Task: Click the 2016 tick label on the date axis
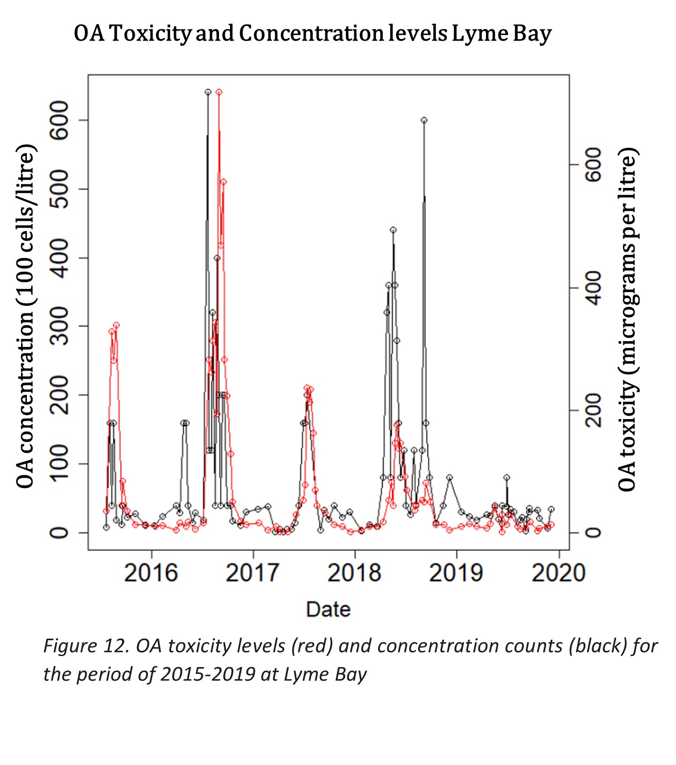tap(151, 573)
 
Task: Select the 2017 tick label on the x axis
tap(253, 573)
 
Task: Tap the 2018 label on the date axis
tap(354, 573)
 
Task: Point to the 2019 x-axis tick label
tap(456, 573)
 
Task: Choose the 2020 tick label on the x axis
tap(558, 573)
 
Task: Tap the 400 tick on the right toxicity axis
tap(593, 288)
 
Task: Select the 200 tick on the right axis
tap(593, 411)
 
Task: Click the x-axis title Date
tap(328, 609)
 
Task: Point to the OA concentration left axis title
tap(25, 316)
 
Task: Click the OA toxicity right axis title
tap(628, 320)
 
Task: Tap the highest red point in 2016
tap(218, 92)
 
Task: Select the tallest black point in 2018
tap(424, 120)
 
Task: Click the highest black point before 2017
tap(208, 92)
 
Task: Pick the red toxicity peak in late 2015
tap(116, 325)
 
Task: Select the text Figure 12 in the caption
tap(86, 646)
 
